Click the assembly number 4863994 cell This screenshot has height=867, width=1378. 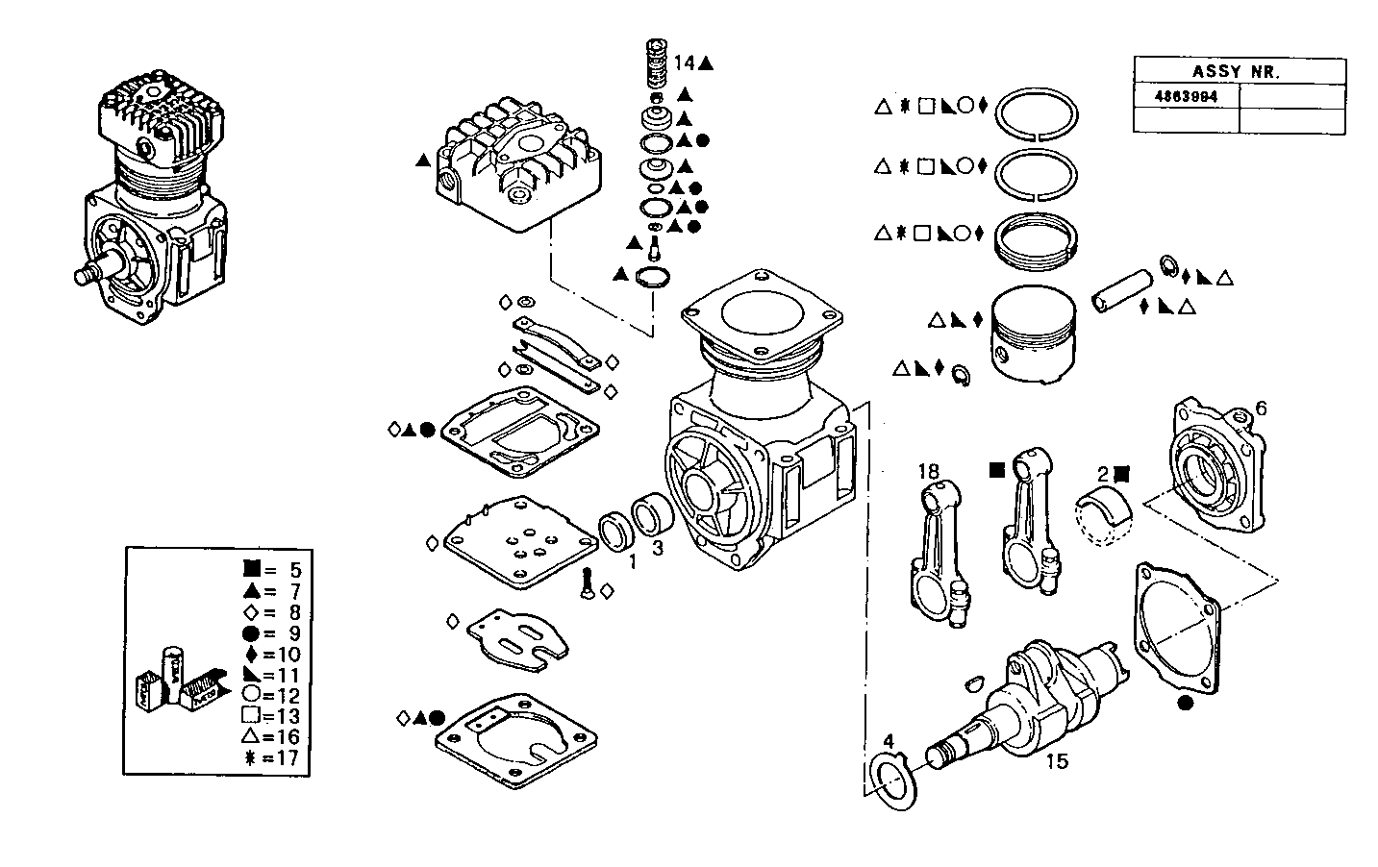point(1186,97)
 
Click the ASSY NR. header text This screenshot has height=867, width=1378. point(1239,71)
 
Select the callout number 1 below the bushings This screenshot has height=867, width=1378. point(632,560)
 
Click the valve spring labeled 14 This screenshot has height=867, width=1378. point(657,63)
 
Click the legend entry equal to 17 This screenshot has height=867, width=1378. point(274,757)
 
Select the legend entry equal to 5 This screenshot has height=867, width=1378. point(274,571)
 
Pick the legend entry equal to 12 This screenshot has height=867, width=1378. point(274,695)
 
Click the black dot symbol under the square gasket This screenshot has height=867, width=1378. point(1184,703)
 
